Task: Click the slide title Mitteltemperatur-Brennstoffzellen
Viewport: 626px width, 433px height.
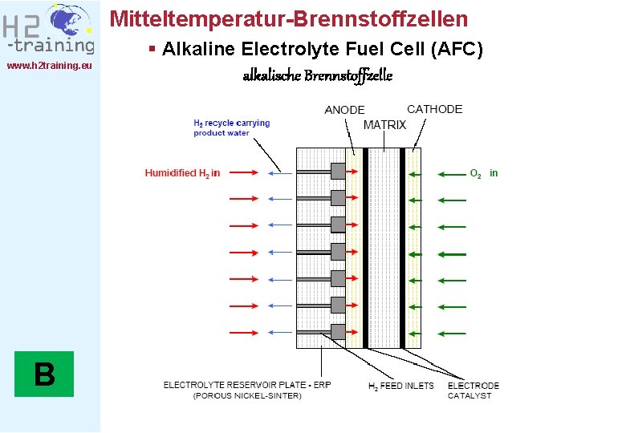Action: (x=288, y=18)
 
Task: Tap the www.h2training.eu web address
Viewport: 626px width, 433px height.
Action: (x=49, y=66)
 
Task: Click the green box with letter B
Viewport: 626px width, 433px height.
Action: (x=44, y=374)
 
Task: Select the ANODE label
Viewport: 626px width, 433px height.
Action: (x=344, y=110)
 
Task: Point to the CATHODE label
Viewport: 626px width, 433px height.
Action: (x=434, y=109)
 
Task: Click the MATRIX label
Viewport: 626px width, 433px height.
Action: (x=384, y=125)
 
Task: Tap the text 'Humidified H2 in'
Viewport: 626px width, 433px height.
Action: (x=182, y=172)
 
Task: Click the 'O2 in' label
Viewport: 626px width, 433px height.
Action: (x=483, y=172)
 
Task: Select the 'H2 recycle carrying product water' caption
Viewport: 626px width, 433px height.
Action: (x=231, y=127)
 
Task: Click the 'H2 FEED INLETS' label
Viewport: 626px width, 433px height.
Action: (x=400, y=386)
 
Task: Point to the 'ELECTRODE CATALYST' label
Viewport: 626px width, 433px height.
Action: (x=473, y=391)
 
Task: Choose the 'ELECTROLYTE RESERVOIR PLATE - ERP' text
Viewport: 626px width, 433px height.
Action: (x=247, y=385)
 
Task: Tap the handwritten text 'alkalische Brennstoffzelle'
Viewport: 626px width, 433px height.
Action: (x=318, y=76)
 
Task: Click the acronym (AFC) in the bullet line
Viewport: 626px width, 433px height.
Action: (x=457, y=50)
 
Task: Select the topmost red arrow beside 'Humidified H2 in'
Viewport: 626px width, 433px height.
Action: (x=243, y=172)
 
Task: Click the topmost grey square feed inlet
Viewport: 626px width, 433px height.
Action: (x=338, y=172)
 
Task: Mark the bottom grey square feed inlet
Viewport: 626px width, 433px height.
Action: (x=338, y=331)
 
